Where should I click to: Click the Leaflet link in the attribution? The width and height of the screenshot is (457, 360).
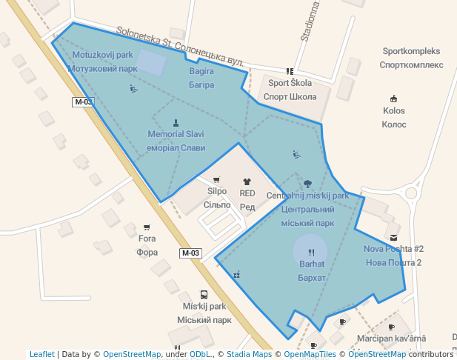(41, 355)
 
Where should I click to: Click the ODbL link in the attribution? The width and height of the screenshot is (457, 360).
(201, 355)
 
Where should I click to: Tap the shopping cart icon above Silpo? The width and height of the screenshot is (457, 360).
(216, 179)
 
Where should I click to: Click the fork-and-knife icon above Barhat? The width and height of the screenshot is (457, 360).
(311, 252)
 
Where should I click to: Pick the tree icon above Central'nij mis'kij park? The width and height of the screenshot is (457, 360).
(307, 183)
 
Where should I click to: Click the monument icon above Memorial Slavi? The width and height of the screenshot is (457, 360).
(176, 123)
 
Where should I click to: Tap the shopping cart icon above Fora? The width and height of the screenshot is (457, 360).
(147, 227)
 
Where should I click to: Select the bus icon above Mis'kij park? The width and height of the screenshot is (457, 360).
(204, 294)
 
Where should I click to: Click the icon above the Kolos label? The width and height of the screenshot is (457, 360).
(393, 99)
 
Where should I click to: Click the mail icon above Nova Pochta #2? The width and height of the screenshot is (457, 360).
(393, 237)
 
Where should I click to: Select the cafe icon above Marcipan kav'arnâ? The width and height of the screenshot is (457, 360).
(391, 327)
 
